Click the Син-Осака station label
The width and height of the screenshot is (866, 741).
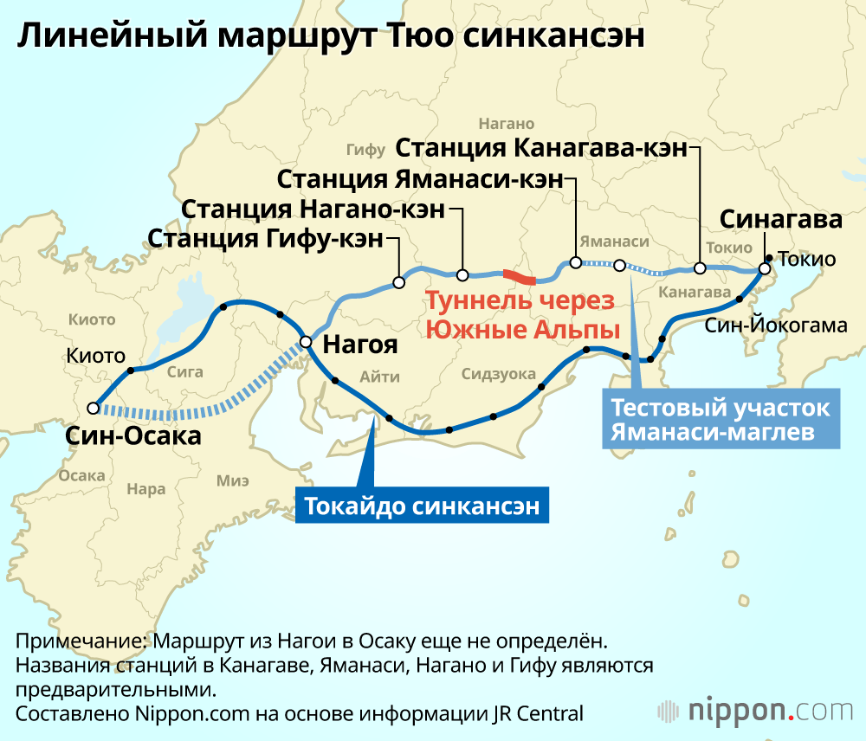[133, 435]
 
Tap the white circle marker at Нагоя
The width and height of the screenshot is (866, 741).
[306, 341]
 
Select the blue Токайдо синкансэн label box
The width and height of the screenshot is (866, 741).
[423, 506]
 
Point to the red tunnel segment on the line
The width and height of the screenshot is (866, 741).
[520, 277]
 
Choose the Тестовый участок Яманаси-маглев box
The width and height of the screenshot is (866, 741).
[721, 420]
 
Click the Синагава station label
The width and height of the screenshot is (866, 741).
[781, 220]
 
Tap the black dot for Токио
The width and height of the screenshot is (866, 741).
[770, 257]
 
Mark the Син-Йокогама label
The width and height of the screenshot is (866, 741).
[775, 326]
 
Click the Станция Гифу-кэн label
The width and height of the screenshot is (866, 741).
[265, 238]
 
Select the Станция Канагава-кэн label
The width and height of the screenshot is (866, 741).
[541, 148]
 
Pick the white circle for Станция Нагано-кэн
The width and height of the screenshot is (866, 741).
[462, 275]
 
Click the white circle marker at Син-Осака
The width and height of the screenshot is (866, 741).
[93, 408]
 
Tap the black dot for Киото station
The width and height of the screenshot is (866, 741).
[131, 370]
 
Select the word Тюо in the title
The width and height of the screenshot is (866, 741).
[423, 37]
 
